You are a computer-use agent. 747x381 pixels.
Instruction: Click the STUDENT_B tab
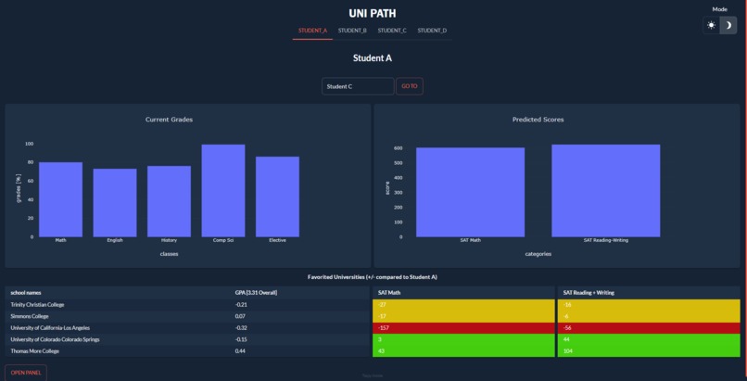coord(351,31)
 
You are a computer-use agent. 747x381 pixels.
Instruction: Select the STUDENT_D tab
coord(432,31)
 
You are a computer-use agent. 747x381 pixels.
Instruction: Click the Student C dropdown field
coord(358,86)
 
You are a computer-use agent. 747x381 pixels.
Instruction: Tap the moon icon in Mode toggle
coord(729,25)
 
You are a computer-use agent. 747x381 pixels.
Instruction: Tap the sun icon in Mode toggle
coord(712,25)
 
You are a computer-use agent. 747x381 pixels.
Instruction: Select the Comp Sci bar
coord(223,190)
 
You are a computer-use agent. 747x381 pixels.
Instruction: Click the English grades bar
coord(115,202)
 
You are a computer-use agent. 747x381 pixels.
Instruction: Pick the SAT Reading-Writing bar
coord(606,190)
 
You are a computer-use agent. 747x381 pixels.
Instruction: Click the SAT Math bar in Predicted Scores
coord(470,192)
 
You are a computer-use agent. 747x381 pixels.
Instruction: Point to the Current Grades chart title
coord(170,120)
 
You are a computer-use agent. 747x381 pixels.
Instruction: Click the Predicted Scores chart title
coord(538,120)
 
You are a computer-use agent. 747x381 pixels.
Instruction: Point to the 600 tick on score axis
coord(397,148)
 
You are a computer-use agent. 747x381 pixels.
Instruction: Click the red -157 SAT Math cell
coord(462,327)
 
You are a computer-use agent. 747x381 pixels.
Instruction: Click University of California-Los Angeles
coord(52,327)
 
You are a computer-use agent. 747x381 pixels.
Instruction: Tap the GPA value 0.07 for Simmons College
coord(241,316)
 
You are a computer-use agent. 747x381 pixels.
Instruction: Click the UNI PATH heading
coord(373,13)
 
